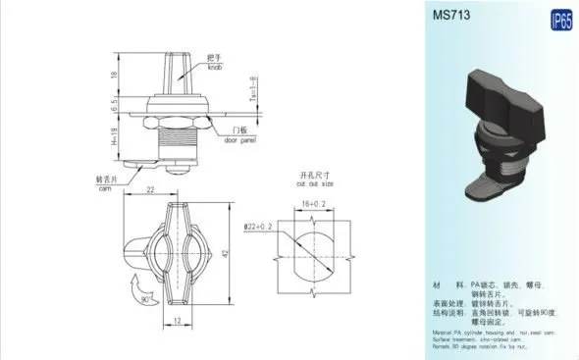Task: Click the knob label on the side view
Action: [x=214, y=61]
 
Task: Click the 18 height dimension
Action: [x=115, y=75]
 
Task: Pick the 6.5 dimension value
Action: [x=115, y=102]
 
